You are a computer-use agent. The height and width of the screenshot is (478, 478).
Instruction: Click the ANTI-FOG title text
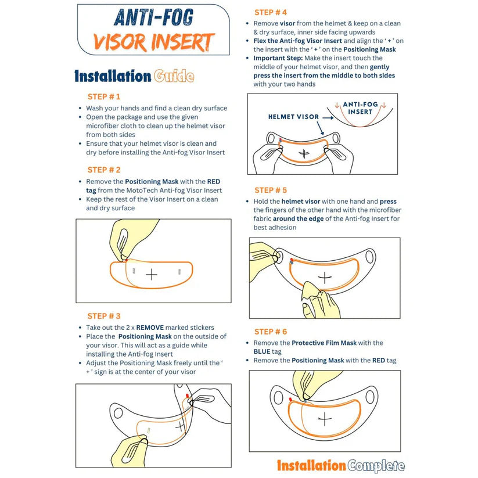coord(154,18)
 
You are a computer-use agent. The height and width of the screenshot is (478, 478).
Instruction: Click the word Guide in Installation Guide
coord(174,76)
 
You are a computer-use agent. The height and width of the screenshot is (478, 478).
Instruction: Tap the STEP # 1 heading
coord(104,96)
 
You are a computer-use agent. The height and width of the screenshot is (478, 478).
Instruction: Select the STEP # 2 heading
coord(104,170)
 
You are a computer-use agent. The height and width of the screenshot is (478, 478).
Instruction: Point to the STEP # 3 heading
coord(104,316)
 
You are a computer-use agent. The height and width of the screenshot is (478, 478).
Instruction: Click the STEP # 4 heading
coord(271,12)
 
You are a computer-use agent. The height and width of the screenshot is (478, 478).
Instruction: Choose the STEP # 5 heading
coord(271,190)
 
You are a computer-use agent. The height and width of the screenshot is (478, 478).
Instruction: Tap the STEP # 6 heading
coord(271,331)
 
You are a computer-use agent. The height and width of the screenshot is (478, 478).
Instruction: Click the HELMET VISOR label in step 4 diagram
coord(293,117)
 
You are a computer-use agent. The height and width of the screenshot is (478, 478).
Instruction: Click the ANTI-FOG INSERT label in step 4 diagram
coord(360,108)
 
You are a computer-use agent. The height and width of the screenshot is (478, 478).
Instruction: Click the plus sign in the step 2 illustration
coord(152,274)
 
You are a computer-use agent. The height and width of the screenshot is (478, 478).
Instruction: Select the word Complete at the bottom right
coord(376,465)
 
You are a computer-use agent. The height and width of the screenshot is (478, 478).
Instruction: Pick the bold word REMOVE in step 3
coord(152,328)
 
